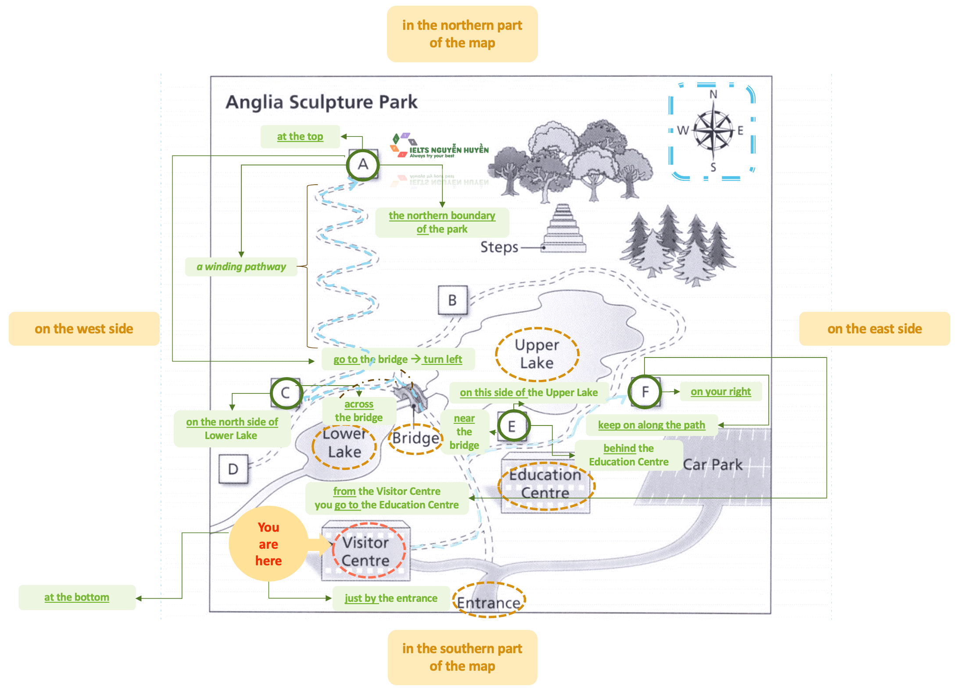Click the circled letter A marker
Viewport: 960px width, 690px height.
pos(362,165)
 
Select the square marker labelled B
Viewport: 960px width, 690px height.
pos(452,300)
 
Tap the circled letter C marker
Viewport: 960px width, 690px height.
pos(286,393)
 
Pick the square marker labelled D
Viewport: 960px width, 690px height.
pos(233,469)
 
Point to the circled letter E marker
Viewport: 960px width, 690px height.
pos(512,426)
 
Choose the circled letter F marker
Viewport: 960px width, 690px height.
pos(645,392)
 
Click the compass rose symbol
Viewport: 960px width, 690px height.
pos(713,131)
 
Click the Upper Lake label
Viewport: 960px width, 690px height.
pos(537,354)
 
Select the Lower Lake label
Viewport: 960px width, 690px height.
pos(344,443)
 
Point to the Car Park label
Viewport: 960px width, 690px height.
pos(713,465)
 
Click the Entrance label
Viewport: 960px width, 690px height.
pos(488,603)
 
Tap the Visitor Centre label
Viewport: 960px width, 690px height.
pos(365,551)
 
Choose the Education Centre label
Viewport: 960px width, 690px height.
pos(545,484)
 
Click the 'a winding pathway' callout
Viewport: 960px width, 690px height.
pos(241,267)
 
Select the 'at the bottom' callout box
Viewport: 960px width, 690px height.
pos(77,597)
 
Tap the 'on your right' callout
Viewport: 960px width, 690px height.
pos(720,392)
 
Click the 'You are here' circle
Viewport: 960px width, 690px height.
pos(268,544)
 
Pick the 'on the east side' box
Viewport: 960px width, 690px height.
pos(874,329)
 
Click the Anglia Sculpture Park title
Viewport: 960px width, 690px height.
pos(321,102)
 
